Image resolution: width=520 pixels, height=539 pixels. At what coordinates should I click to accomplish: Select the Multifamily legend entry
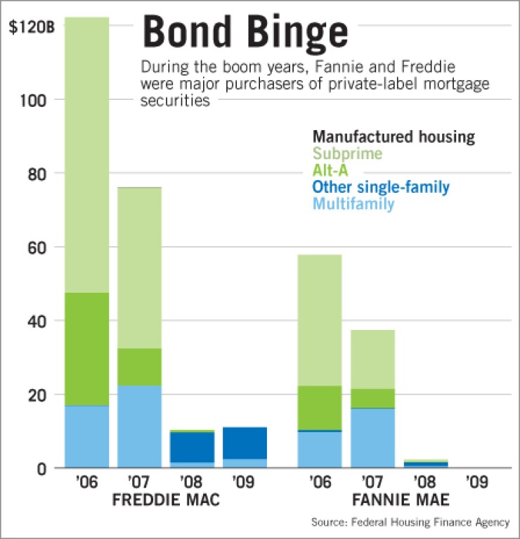click(x=353, y=204)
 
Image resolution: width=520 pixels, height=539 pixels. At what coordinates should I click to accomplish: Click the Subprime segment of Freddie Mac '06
click(x=87, y=155)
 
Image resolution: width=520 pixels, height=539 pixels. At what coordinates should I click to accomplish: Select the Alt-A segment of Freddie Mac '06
click(x=87, y=349)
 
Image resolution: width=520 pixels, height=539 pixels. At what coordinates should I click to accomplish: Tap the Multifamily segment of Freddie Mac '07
click(x=139, y=426)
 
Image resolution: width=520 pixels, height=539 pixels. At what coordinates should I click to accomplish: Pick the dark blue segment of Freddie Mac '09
click(x=245, y=443)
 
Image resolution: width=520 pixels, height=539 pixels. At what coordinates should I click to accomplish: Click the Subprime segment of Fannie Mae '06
click(x=319, y=320)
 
